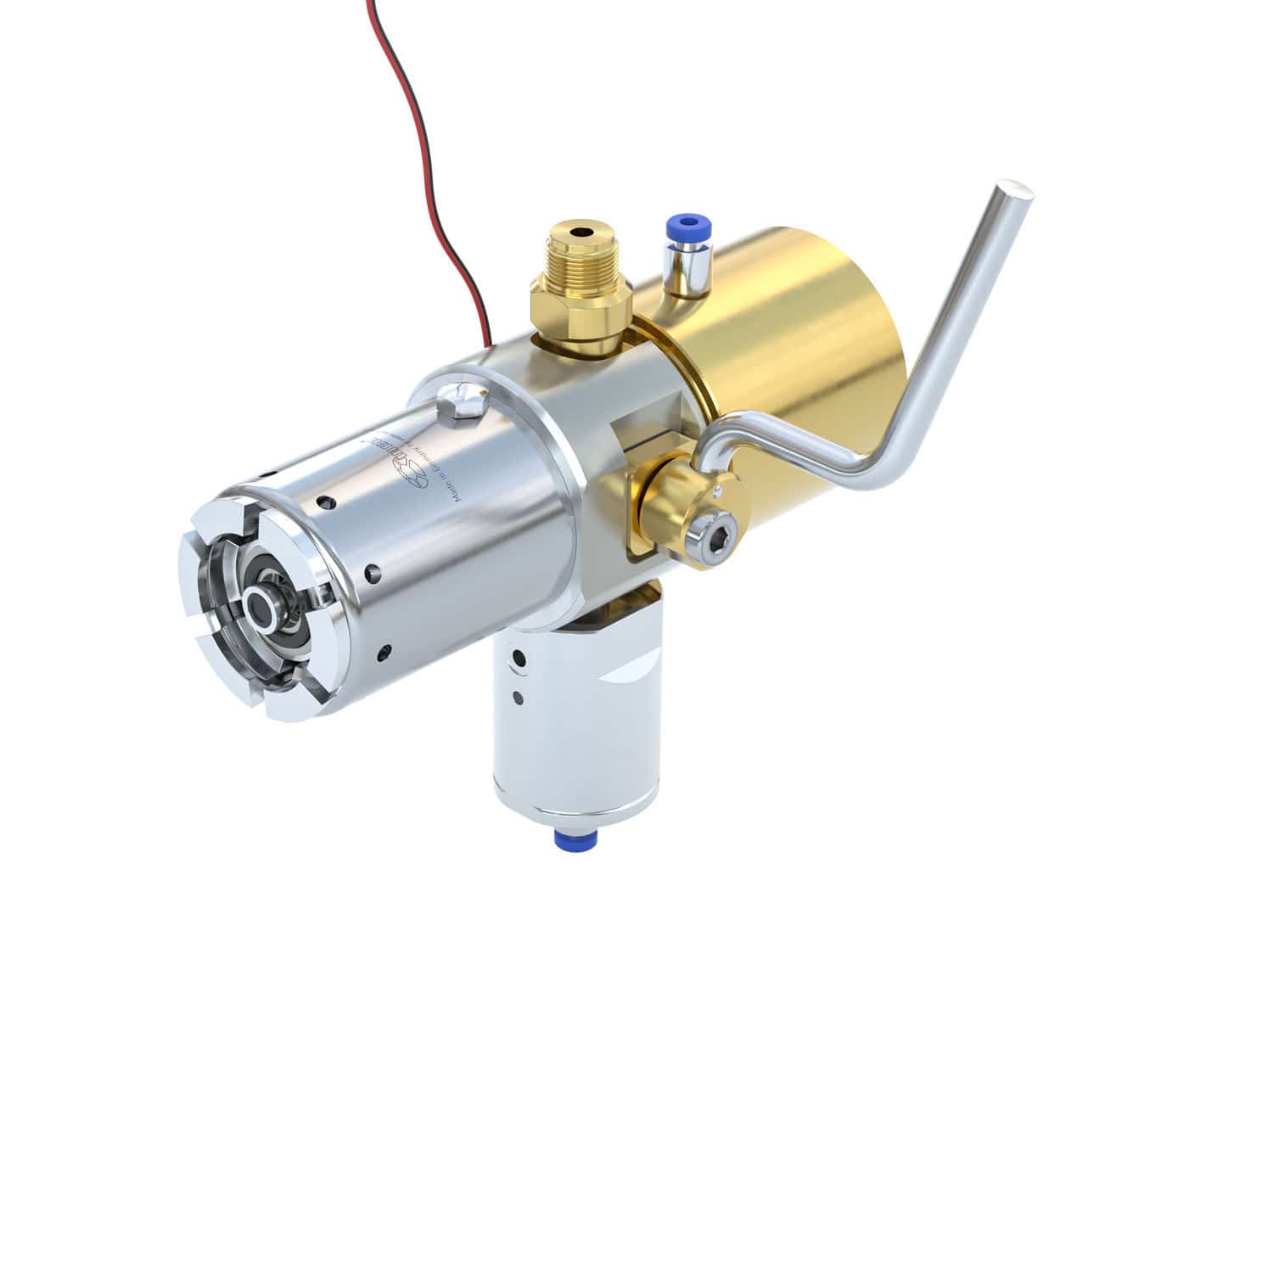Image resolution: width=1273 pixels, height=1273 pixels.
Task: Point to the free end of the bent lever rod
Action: [1014, 193]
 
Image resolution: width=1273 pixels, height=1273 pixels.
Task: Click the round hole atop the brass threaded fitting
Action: [580, 231]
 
